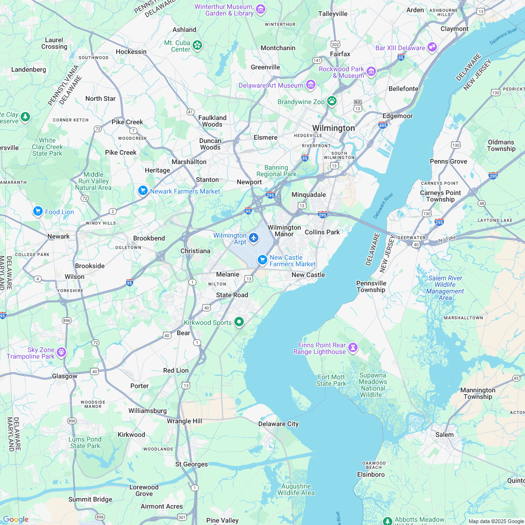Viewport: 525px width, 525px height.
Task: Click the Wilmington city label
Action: [333, 128]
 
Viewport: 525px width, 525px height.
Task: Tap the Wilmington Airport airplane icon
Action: [254, 238]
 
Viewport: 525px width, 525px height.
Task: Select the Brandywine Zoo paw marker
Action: [332, 101]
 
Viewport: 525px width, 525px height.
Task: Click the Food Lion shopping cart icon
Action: [38, 212]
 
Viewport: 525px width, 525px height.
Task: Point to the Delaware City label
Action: [278, 424]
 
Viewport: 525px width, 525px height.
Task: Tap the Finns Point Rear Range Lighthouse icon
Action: [353, 348]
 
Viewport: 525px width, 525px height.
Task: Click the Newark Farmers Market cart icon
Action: [143, 191]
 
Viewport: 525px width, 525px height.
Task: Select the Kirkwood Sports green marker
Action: [239, 322]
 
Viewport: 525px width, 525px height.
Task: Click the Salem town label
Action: [444, 435]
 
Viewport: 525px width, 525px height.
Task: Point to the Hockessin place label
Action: [131, 52]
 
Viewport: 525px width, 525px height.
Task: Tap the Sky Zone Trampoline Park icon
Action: [61, 352]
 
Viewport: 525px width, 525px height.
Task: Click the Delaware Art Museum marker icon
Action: [310, 85]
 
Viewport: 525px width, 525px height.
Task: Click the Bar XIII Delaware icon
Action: [432, 47]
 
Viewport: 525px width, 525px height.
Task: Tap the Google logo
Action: [15, 519]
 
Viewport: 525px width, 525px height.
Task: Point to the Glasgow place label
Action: [65, 376]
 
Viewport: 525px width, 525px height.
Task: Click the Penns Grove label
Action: [449, 161]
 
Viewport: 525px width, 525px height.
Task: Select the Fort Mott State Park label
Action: [331, 380]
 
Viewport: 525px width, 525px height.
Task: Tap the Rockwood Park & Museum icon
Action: [371, 72]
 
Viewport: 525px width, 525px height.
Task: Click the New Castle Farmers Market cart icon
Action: [262, 260]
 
